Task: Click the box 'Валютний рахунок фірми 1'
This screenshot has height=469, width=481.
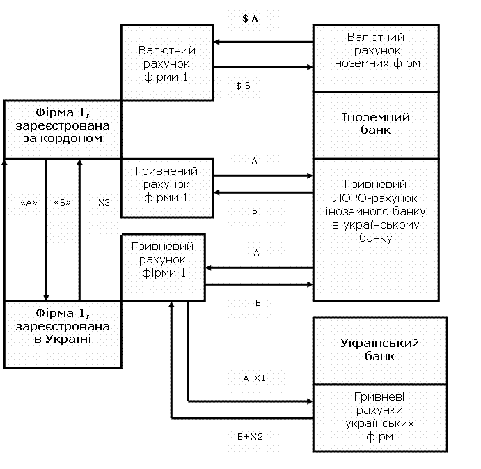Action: [x=166, y=63]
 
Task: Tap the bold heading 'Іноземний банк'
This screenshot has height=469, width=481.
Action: [x=376, y=123]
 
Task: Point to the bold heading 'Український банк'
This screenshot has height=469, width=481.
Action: [x=379, y=349]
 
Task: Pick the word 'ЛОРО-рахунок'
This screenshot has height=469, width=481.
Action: [x=376, y=198]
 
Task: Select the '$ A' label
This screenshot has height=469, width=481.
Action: [x=250, y=19]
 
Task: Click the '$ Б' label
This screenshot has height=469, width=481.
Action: [x=243, y=85]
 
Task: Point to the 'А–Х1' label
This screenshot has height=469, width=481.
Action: [x=255, y=378]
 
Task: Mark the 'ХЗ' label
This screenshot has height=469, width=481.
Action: [x=104, y=203]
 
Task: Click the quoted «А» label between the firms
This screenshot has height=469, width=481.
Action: [x=29, y=203]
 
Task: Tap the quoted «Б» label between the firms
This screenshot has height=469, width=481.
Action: [x=63, y=203]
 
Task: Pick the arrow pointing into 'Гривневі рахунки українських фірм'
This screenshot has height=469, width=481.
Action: [x=251, y=401]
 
